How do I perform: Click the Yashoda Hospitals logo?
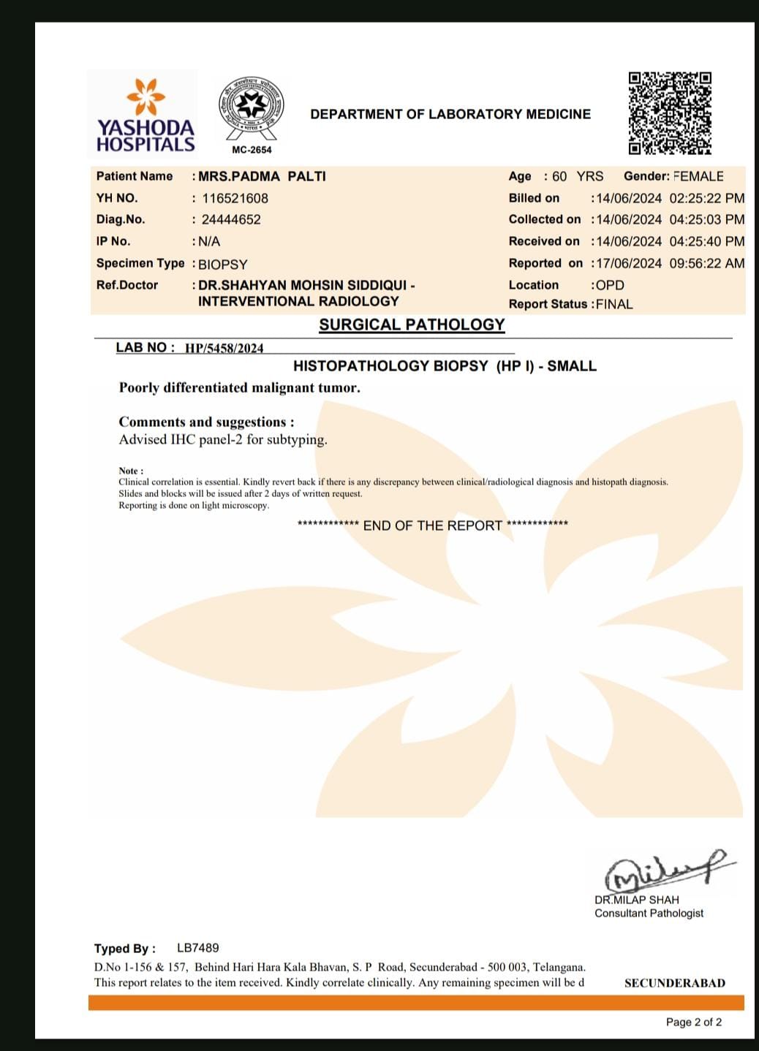pos(145,115)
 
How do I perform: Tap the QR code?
pos(670,113)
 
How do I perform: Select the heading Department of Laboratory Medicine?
pos(450,114)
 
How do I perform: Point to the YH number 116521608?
pos(235,198)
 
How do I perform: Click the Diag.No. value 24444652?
pos(231,219)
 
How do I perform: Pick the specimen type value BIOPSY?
pos(223,264)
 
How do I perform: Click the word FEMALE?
pos(698,176)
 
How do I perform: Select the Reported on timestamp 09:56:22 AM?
pos(706,263)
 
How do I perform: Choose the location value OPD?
pos(610,285)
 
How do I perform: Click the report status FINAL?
pos(614,304)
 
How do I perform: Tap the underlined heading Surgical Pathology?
pos(412,325)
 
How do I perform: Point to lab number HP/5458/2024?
pos(224,348)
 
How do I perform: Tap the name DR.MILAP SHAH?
pos(637,900)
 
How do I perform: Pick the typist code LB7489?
pos(197,948)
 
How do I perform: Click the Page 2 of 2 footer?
pos(693,1022)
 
